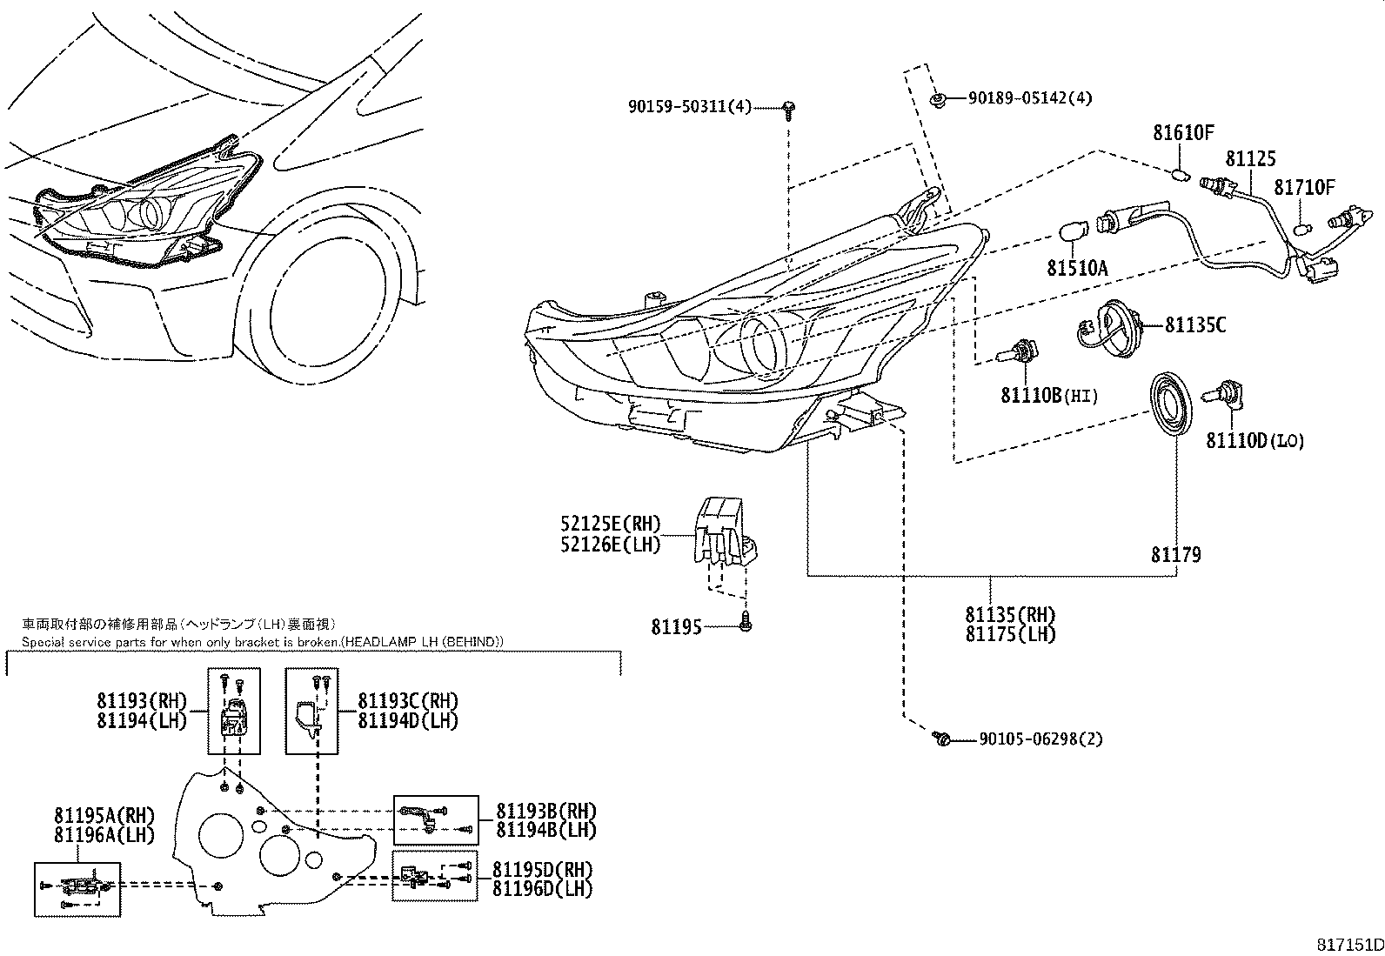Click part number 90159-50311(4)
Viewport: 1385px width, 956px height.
pyautogui.click(x=689, y=106)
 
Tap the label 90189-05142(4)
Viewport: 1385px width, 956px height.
pyautogui.click(x=1029, y=97)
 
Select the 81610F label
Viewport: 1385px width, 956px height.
pyautogui.click(x=1183, y=133)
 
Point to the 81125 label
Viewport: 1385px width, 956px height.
pyautogui.click(x=1250, y=158)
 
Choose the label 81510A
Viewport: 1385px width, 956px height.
pyautogui.click(x=1077, y=268)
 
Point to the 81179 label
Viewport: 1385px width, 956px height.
pyautogui.click(x=1175, y=554)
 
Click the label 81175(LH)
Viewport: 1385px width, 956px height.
pyautogui.click(x=1010, y=634)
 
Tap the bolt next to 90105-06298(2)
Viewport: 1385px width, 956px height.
pyautogui.click(x=941, y=739)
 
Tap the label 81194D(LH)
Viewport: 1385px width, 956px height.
pyautogui.click(x=408, y=720)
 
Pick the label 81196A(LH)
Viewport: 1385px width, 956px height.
pyautogui.click(x=104, y=834)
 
